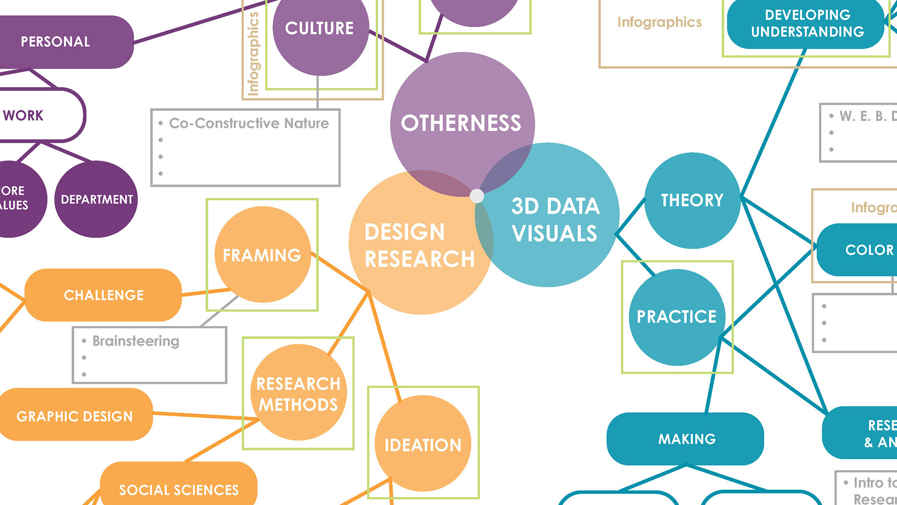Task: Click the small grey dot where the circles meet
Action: (477, 196)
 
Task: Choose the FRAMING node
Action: (262, 255)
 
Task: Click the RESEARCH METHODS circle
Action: (299, 393)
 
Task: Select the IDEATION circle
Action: (423, 444)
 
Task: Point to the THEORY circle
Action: (692, 200)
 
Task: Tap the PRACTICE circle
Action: (676, 317)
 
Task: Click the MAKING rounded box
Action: (686, 439)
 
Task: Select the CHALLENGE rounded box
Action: (104, 295)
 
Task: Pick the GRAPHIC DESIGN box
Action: (75, 416)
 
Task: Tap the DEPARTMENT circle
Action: (97, 199)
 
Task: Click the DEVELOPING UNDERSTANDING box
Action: (807, 23)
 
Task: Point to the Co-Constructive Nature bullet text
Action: (249, 123)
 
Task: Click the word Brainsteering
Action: (136, 341)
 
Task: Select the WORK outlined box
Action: (28, 115)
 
